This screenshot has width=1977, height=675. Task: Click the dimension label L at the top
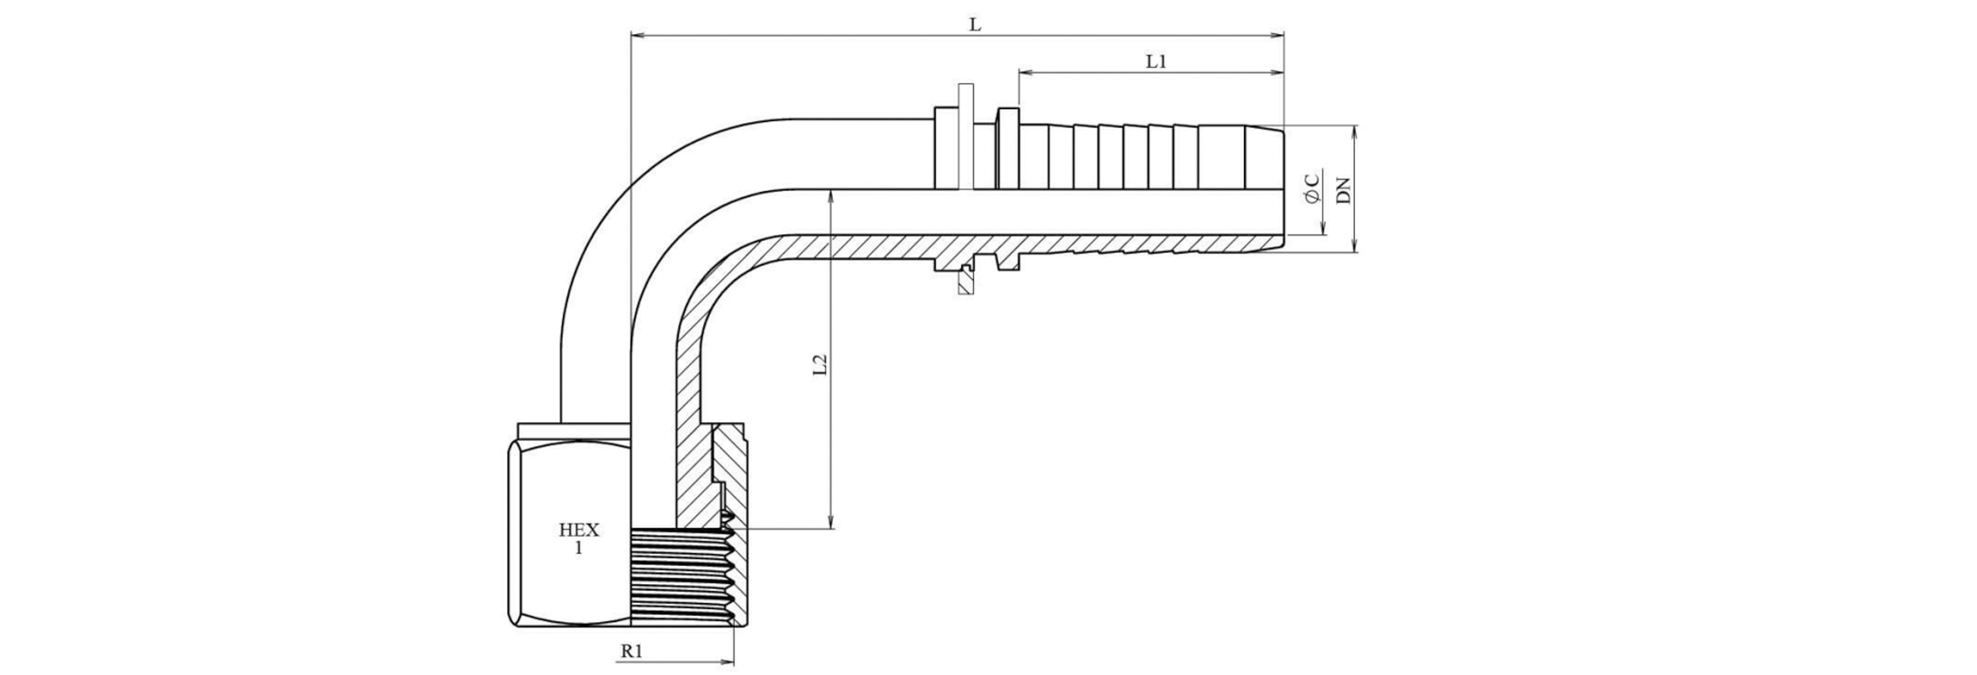point(975,25)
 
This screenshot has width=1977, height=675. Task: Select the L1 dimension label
point(1156,62)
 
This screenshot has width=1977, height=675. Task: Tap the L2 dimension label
point(821,364)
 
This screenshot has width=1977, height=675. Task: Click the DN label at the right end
point(1344,190)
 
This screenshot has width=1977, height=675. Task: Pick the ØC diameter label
point(1312,188)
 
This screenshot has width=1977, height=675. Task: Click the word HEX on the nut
point(579,530)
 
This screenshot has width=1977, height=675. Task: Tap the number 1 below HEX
point(578,548)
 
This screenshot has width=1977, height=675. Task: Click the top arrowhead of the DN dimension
point(1355,131)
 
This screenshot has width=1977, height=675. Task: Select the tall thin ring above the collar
point(965,134)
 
